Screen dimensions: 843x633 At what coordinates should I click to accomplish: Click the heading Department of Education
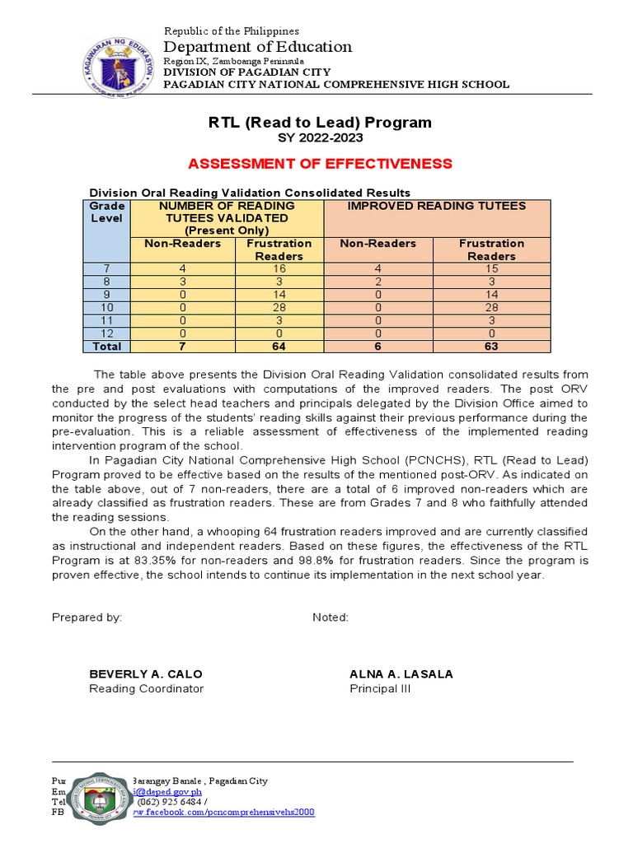[257, 47]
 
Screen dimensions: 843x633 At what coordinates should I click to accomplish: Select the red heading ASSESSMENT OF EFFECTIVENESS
[319, 163]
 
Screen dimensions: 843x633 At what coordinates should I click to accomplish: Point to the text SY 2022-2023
[319, 137]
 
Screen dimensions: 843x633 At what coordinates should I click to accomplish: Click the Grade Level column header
[107, 212]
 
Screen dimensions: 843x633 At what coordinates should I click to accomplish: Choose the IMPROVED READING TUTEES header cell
[436, 206]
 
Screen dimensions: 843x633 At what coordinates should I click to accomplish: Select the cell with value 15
[491, 268]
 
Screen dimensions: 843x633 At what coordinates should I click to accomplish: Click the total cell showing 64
[279, 347]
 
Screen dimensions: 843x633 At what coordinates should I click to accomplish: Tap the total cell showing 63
[491, 347]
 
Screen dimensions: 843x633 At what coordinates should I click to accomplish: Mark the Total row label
[107, 347]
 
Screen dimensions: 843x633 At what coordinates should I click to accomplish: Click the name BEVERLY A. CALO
[146, 673]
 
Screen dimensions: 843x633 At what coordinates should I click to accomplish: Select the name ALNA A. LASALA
[401, 673]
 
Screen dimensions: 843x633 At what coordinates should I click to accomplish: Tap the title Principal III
[380, 689]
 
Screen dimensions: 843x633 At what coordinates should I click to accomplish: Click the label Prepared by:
[87, 617]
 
